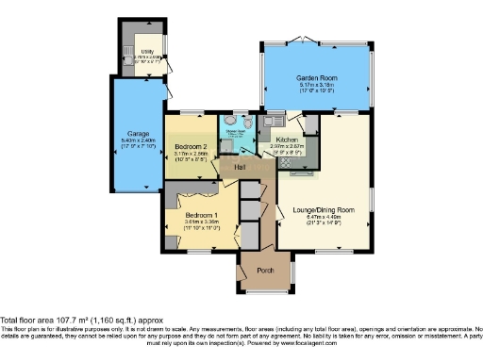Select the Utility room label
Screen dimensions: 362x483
pos(147,50)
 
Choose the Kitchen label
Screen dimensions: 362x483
pos(288,140)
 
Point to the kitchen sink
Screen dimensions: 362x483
pos(271,122)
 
